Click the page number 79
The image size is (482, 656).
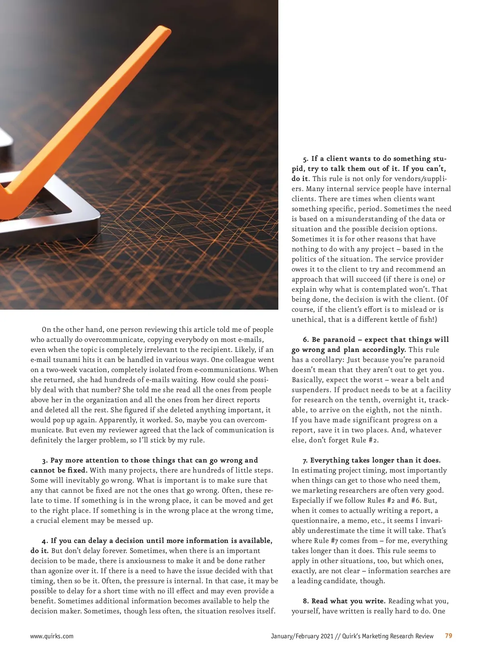point(448,636)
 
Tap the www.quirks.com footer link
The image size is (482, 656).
point(52,636)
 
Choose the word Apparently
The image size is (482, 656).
point(119,420)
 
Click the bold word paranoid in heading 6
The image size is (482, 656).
point(339,340)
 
